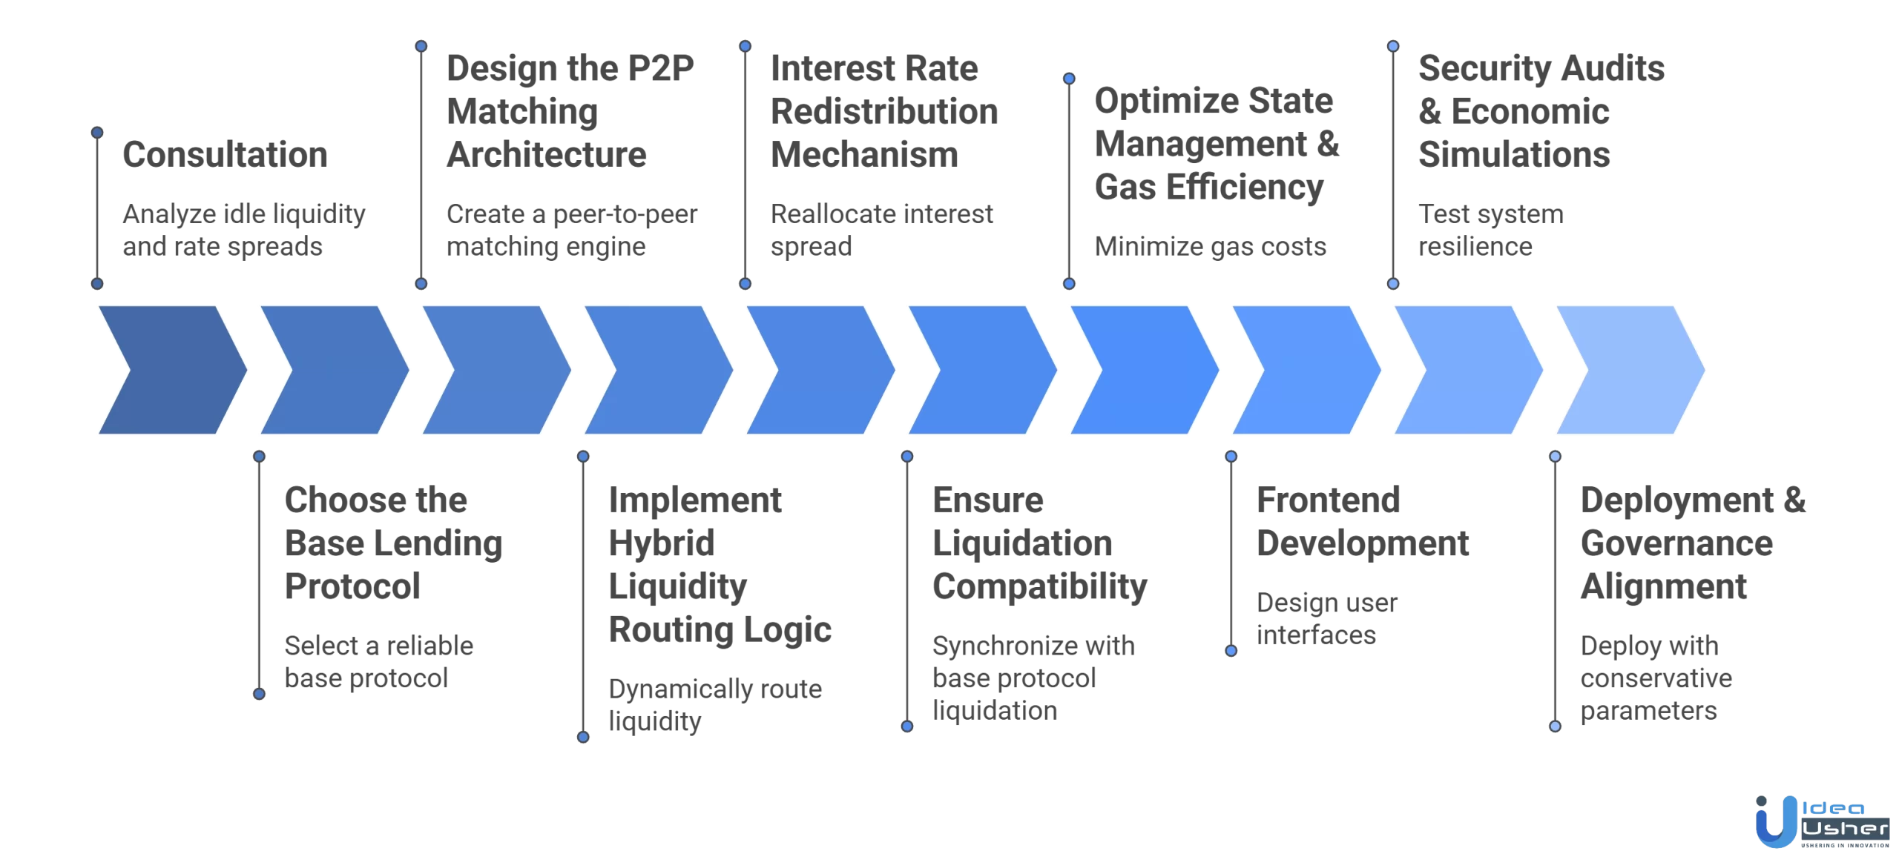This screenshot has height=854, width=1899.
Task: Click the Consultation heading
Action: coord(225,155)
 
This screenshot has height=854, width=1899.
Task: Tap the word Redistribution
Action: coord(883,112)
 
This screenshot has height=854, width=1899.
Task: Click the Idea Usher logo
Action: coord(1821,821)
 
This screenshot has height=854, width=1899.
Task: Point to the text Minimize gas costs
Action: coord(1210,246)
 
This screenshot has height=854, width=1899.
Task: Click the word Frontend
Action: coord(1328,500)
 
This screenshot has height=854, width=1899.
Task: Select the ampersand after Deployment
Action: coord(1794,500)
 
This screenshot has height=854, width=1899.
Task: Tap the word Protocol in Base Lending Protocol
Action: coord(352,587)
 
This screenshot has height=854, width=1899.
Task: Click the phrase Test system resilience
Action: coord(1490,230)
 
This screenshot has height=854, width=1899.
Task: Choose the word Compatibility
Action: coord(1039,587)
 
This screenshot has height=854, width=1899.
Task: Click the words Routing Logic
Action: coord(720,630)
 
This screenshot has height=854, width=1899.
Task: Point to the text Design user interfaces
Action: coord(1326,619)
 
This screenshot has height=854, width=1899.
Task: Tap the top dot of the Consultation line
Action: coord(97,133)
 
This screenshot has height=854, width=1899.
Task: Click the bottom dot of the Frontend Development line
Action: coord(1231,651)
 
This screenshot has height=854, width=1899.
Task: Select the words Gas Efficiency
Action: coord(1208,187)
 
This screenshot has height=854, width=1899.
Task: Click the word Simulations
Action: coord(1513,155)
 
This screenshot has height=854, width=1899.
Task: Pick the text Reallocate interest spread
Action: coord(881,230)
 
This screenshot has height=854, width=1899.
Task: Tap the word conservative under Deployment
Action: coord(1656,678)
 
